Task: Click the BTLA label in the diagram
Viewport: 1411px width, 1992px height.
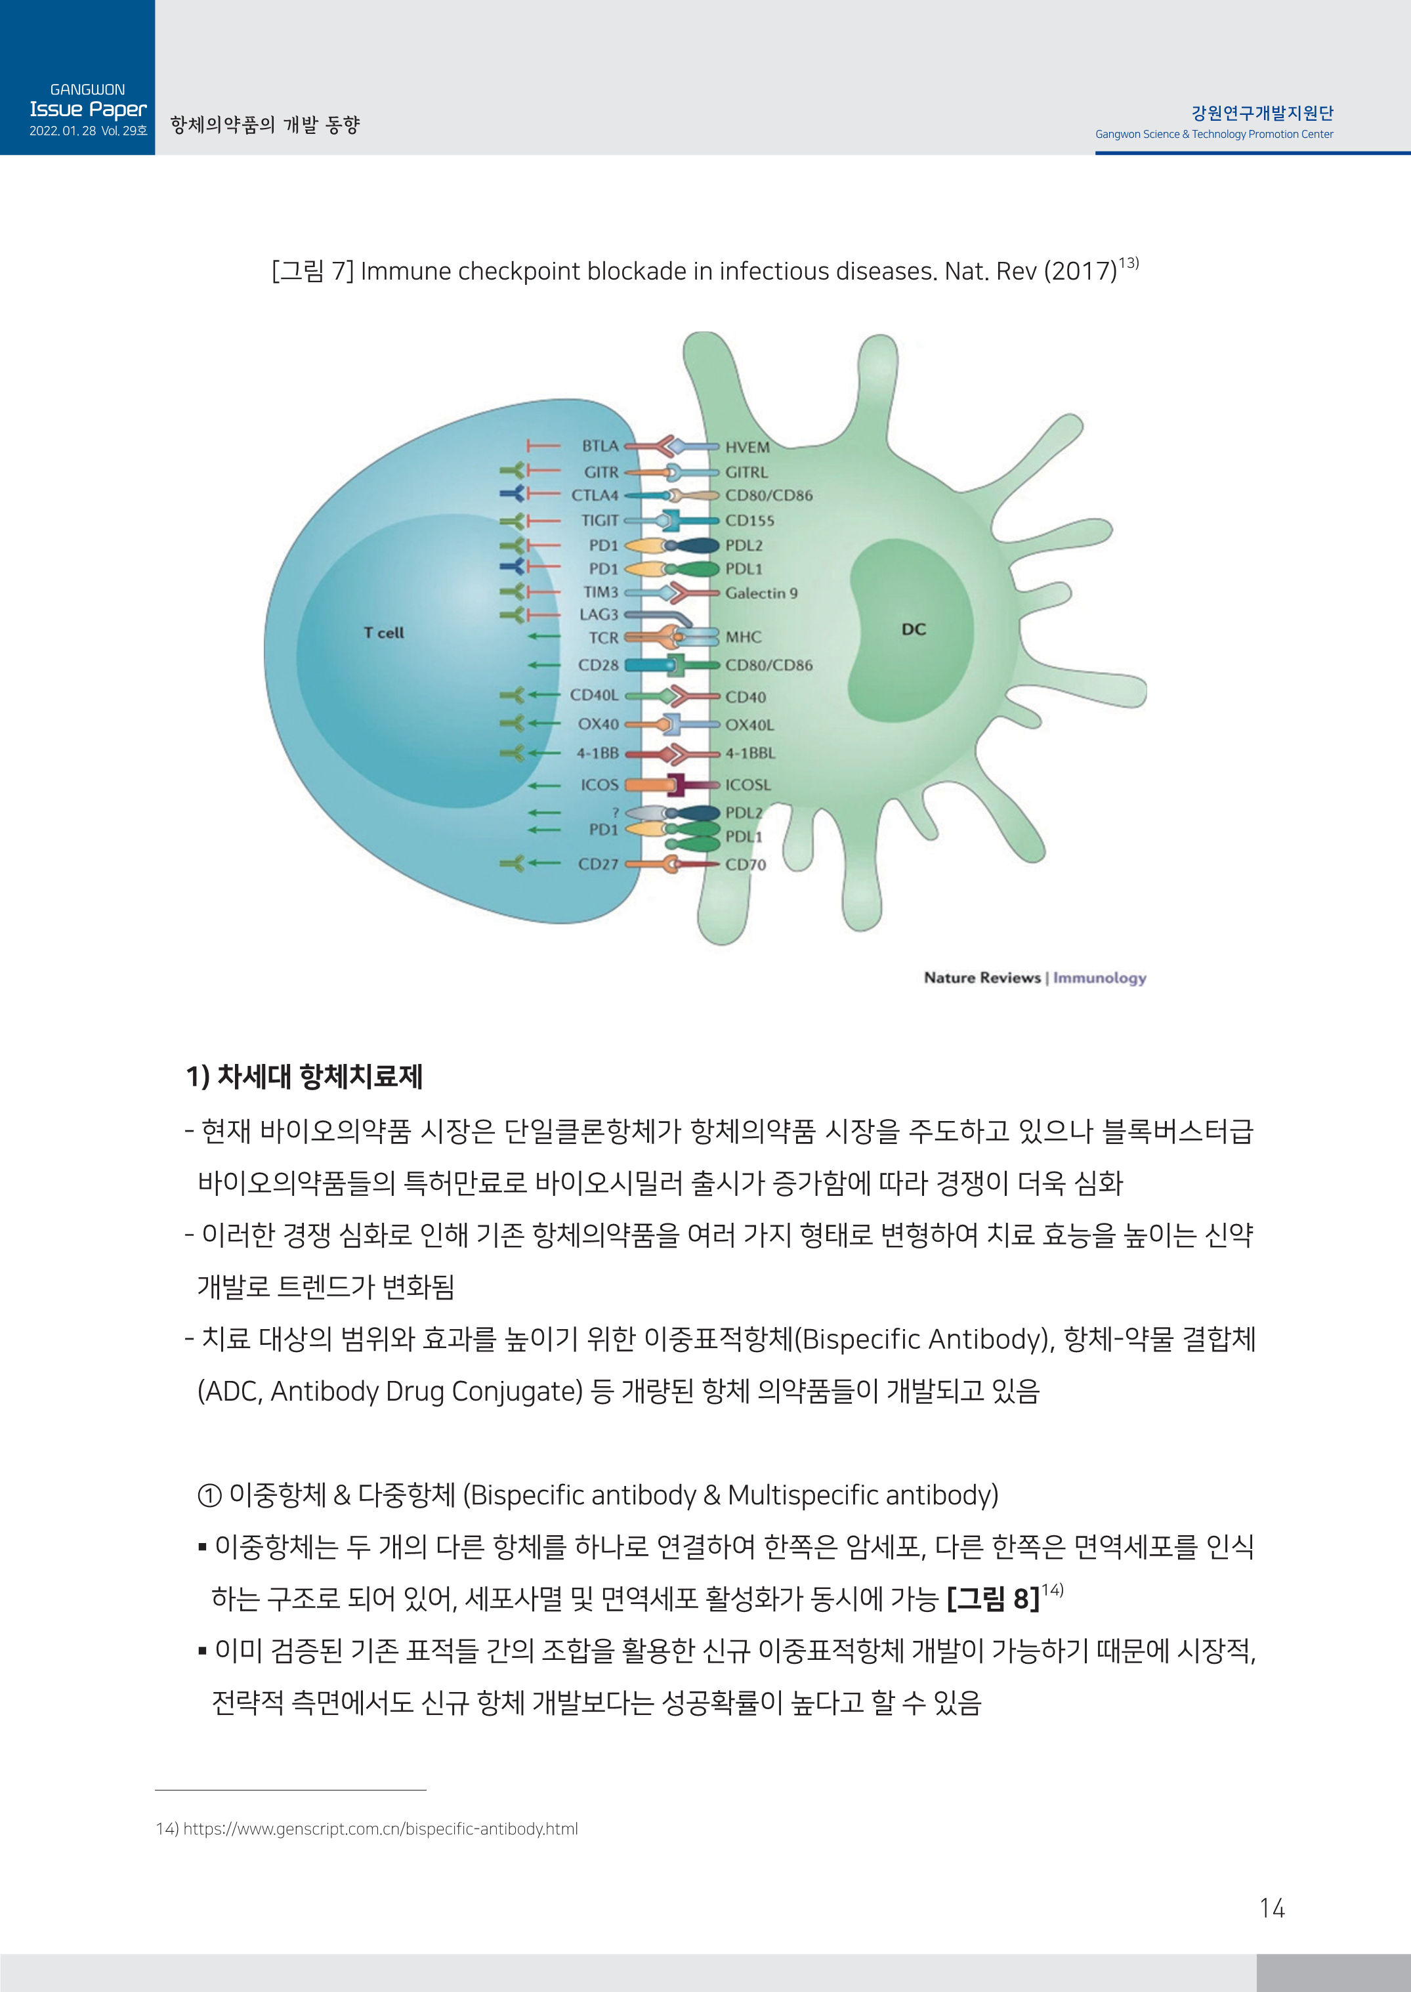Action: pos(599,446)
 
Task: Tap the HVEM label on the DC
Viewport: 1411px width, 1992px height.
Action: pos(748,448)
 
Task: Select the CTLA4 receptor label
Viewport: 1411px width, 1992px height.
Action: pos(595,495)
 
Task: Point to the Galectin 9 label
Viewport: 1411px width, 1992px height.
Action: pos(761,593)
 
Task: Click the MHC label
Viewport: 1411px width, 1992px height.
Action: pos(744,637)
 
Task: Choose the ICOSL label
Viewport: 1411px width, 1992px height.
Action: pos(748,784)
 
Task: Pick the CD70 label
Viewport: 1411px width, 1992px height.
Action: pos(746,864)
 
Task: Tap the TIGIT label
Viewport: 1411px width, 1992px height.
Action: pos(599,520)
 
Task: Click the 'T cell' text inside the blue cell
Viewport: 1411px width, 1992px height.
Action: pos(383,633)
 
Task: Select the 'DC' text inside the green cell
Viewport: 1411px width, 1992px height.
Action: pos(913,629)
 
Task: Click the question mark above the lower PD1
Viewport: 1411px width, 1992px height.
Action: pos(615,813)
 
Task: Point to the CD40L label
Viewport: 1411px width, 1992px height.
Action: pos(595,695)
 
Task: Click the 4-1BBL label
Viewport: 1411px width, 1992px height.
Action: pos(751,753)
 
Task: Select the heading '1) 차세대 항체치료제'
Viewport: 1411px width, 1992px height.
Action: pos(304,1076)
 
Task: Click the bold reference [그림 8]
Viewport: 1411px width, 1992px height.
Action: pos(992,1598)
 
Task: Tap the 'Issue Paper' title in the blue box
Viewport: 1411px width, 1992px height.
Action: pos(88,110)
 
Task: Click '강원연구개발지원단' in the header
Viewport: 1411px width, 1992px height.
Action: pos(1261,113)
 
